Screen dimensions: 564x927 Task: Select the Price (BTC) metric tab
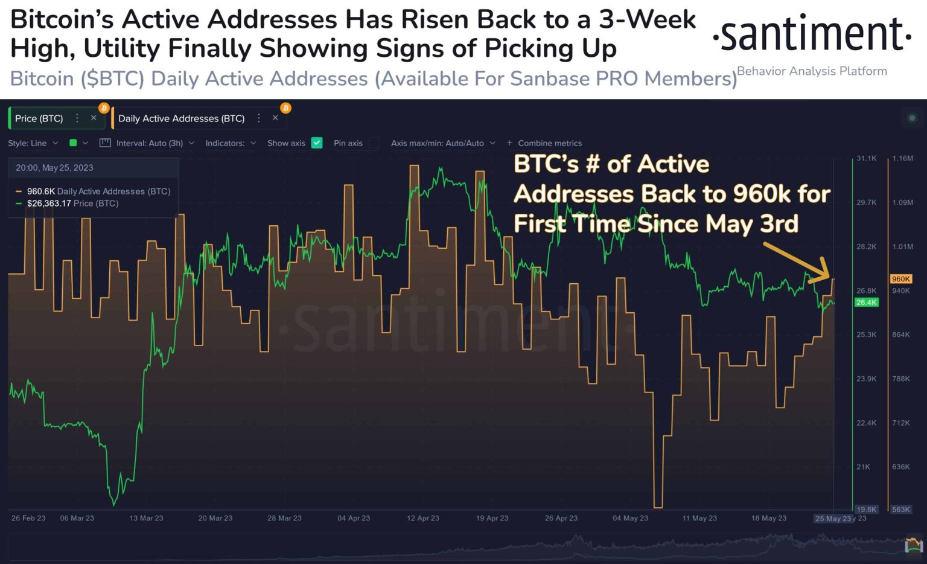(39, 118)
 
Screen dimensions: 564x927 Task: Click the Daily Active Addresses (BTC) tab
(181, 118)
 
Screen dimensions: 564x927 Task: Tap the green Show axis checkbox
(317, 143)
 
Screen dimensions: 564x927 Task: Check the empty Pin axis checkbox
(374, 143)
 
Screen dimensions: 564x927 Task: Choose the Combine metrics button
(544, 143)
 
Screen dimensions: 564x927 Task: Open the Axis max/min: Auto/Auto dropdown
(442, 143)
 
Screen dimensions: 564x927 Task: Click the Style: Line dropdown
(33, 143)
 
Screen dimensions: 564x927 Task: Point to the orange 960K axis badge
(900, 279)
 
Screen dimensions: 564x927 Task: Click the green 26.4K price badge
(866, 303)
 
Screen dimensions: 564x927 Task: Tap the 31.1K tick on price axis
(866, 158)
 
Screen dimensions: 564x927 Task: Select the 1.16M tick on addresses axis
(902, 158)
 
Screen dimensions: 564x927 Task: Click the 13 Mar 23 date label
(146, 518)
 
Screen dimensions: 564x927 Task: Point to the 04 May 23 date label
(630, 518)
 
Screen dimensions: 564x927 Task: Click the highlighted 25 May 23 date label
(833, 519)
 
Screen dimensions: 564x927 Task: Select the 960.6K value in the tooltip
(40, 191)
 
